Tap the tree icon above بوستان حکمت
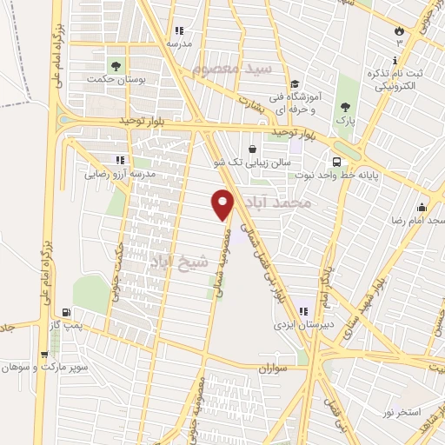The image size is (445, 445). pos(115,65)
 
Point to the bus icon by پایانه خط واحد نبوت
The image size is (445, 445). pos(335,161)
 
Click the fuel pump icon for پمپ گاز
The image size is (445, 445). pos(66,311)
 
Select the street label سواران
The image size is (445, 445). pos(271,369)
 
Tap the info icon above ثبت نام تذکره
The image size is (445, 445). pos(395,60)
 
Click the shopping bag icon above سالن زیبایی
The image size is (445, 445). pos(252,149)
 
